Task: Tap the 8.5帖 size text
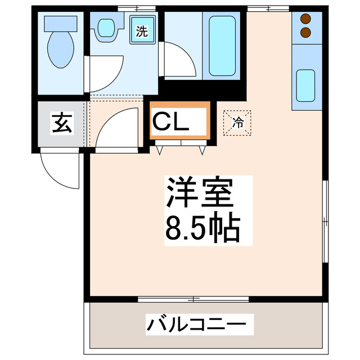coord(202,227)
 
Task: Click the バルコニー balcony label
coord(196,325)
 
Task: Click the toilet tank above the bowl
coord(59,23)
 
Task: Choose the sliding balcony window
coord(193,298)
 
